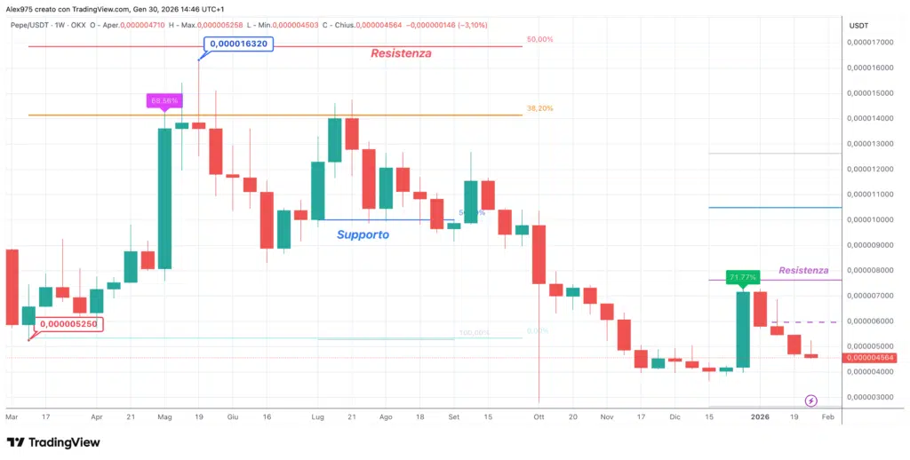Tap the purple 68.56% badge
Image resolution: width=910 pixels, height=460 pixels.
[164, 100]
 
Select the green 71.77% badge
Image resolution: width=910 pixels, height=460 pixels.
[742, 277]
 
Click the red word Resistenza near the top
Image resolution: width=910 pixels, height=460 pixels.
[401, 53]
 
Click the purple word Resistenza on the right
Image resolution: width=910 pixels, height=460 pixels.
[803, 270]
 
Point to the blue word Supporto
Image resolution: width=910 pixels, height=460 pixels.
[363, 234]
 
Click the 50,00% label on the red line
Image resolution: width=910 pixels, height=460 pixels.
[539, 40]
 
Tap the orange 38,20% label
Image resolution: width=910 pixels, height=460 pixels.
[539, 108]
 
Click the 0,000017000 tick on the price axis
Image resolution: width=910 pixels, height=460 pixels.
[870, 42]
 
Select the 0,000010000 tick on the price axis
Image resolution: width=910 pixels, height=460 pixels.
[870, 219]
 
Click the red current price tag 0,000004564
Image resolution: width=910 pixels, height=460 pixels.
[869, 358]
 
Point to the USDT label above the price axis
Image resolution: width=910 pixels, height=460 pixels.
[858, 25]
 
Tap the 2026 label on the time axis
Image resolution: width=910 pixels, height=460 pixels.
[760, 416]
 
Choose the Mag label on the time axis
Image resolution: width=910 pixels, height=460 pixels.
[164, 416]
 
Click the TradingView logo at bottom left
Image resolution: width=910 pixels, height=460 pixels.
[53, 442]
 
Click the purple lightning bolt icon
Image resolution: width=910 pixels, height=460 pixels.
[810, 401]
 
